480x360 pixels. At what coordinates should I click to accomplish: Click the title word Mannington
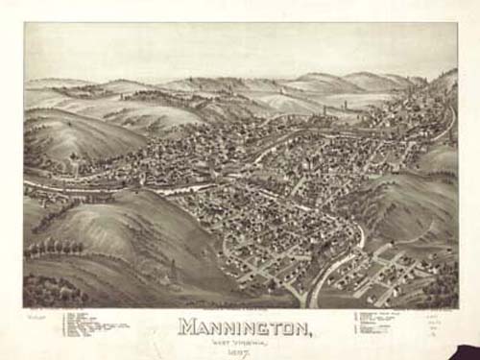tap(244, 328)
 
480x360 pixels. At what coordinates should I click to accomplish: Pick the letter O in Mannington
tap(287, 328)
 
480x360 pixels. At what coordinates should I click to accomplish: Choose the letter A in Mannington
tap(205, 328)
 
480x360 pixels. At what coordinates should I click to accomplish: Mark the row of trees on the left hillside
tap(54, 249)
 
